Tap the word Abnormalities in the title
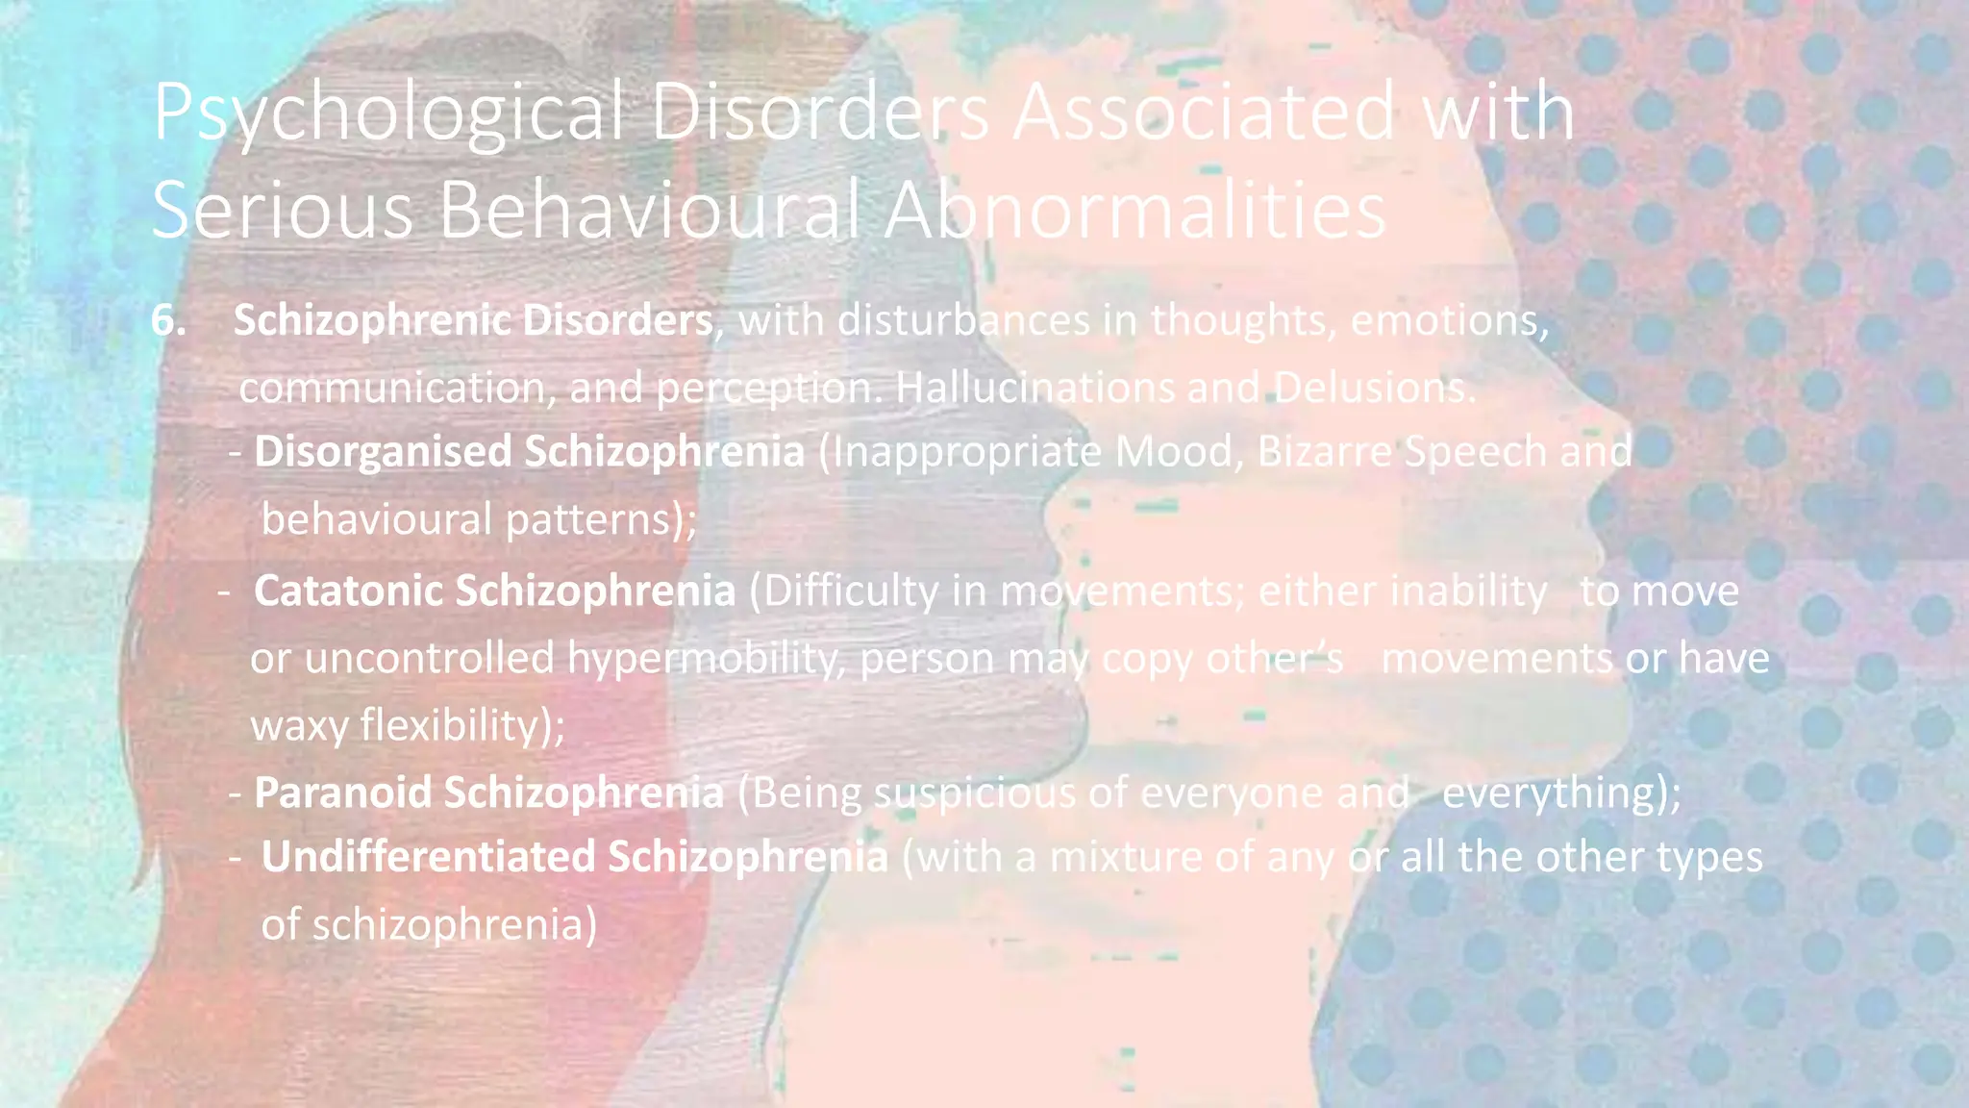[x=1134, y=211]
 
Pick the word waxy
[x=298, y=725]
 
